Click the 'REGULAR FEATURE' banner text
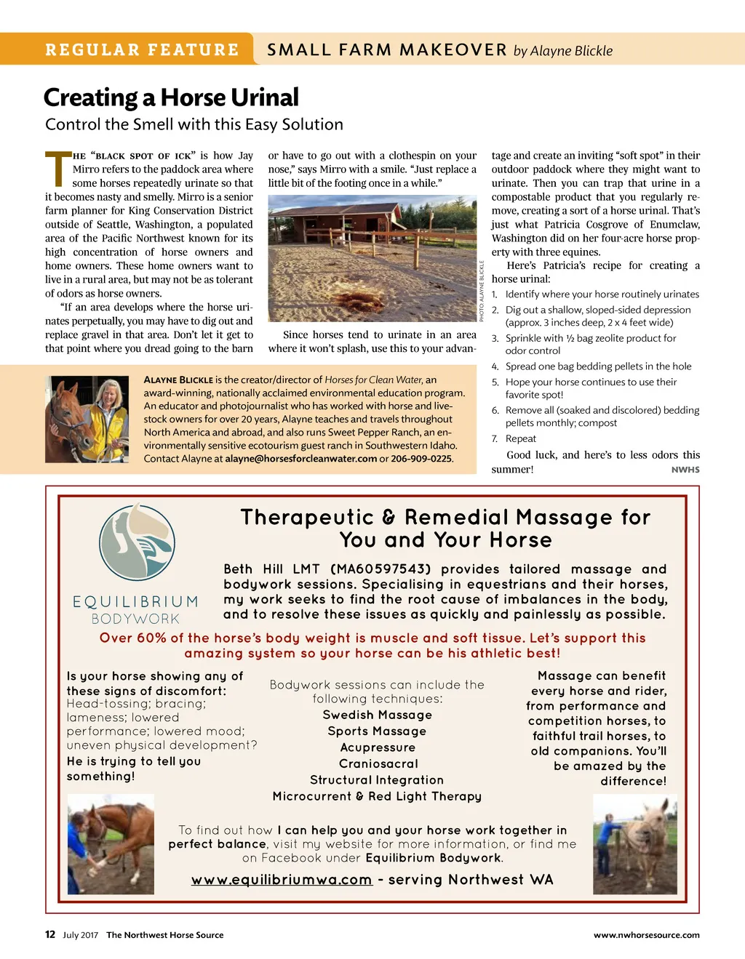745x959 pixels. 142,50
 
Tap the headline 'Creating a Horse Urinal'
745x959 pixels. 171,97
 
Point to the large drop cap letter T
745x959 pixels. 57,169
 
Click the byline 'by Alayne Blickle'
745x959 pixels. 563,51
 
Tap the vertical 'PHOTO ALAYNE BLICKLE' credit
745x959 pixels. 482,291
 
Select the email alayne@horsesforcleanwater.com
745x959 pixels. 301,459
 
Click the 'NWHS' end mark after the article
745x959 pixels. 685,470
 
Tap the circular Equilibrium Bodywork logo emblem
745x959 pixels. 138,542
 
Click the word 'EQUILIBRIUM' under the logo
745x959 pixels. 135,602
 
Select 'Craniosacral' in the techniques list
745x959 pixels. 378,763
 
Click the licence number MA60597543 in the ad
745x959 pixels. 381,569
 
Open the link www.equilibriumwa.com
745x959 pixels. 282,880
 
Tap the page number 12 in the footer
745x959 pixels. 50,934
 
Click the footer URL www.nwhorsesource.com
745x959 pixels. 646,935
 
